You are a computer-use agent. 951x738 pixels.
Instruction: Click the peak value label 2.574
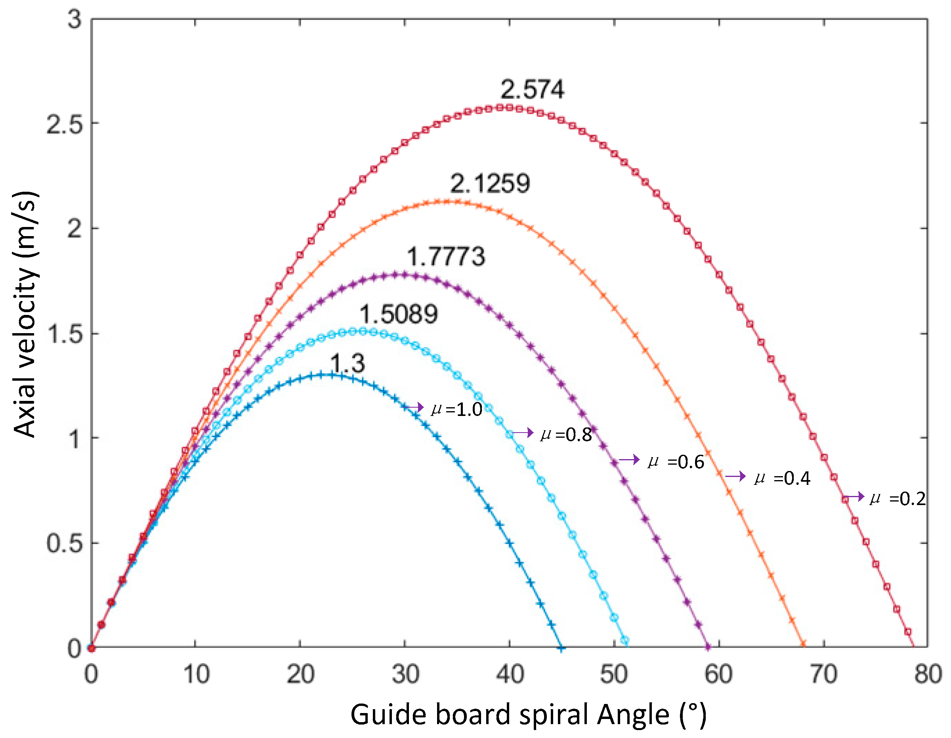click(532, 90)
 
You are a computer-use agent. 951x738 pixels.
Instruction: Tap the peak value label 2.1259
click(490, 183)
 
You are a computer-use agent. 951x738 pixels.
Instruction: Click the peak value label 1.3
click(347, 363)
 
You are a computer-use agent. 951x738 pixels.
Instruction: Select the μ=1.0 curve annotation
click(456, 409)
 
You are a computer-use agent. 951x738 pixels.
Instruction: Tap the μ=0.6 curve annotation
click(676, 461)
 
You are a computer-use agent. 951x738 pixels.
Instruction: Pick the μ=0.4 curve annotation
click(782, 478)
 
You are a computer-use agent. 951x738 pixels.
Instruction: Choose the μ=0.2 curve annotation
click(898, 498)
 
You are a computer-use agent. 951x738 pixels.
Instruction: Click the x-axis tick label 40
click(510, 675)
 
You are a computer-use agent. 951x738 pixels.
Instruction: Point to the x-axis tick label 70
click(823, 675)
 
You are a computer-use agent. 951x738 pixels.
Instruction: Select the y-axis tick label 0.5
click(65, 543)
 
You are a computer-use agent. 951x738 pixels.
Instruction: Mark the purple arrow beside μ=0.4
click(735, 476)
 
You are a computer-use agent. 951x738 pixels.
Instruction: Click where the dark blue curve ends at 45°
click(562, 649)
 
